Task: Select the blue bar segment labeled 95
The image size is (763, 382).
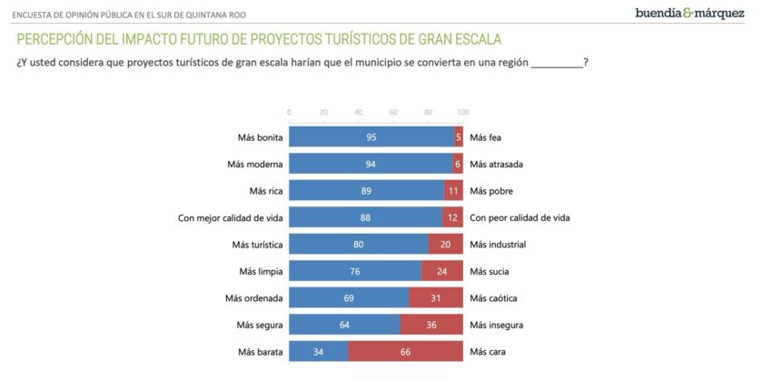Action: (372, 137)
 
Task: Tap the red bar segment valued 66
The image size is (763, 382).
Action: (405, 352)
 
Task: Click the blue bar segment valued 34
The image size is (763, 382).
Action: (319, 352)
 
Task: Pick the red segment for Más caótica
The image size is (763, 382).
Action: (436, 298)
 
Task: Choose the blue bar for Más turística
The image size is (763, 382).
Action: (359, 245)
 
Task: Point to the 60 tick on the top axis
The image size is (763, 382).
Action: (393, 112)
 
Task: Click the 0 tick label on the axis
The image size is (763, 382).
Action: (289, 112)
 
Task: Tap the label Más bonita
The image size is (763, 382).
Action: (261, 138)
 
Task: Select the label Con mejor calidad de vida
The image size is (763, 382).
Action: (231, 218)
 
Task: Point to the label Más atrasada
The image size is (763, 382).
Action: (498, 165)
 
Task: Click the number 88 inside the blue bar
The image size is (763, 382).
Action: (365, 218)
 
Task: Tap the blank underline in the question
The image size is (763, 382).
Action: (556, 63)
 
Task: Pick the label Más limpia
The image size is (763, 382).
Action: (262, 272)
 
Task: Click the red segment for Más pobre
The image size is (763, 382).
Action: (453, 191)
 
